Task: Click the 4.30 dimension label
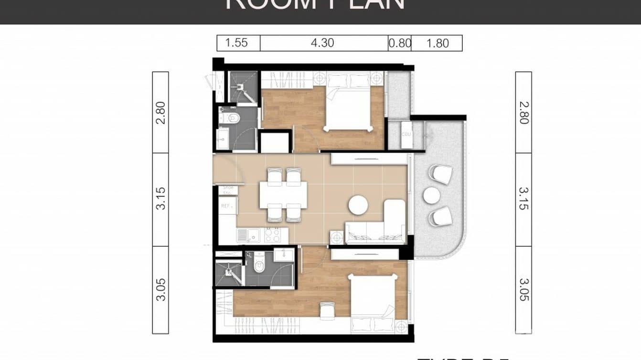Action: click(x=322, y=43)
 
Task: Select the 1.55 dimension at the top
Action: click(x=236, y=43)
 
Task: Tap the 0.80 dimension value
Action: click(x=399, y=43)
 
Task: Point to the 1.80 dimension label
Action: click(x=437, y=43)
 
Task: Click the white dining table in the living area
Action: click(x=283, y=195)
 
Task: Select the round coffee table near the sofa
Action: click(x=358, y=205)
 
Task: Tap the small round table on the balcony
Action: click(x=431, y=195)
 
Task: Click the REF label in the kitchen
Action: click(x=226, y=206)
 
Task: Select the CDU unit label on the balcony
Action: click(x=406, y=134)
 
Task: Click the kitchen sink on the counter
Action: click(x=242, y=234)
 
